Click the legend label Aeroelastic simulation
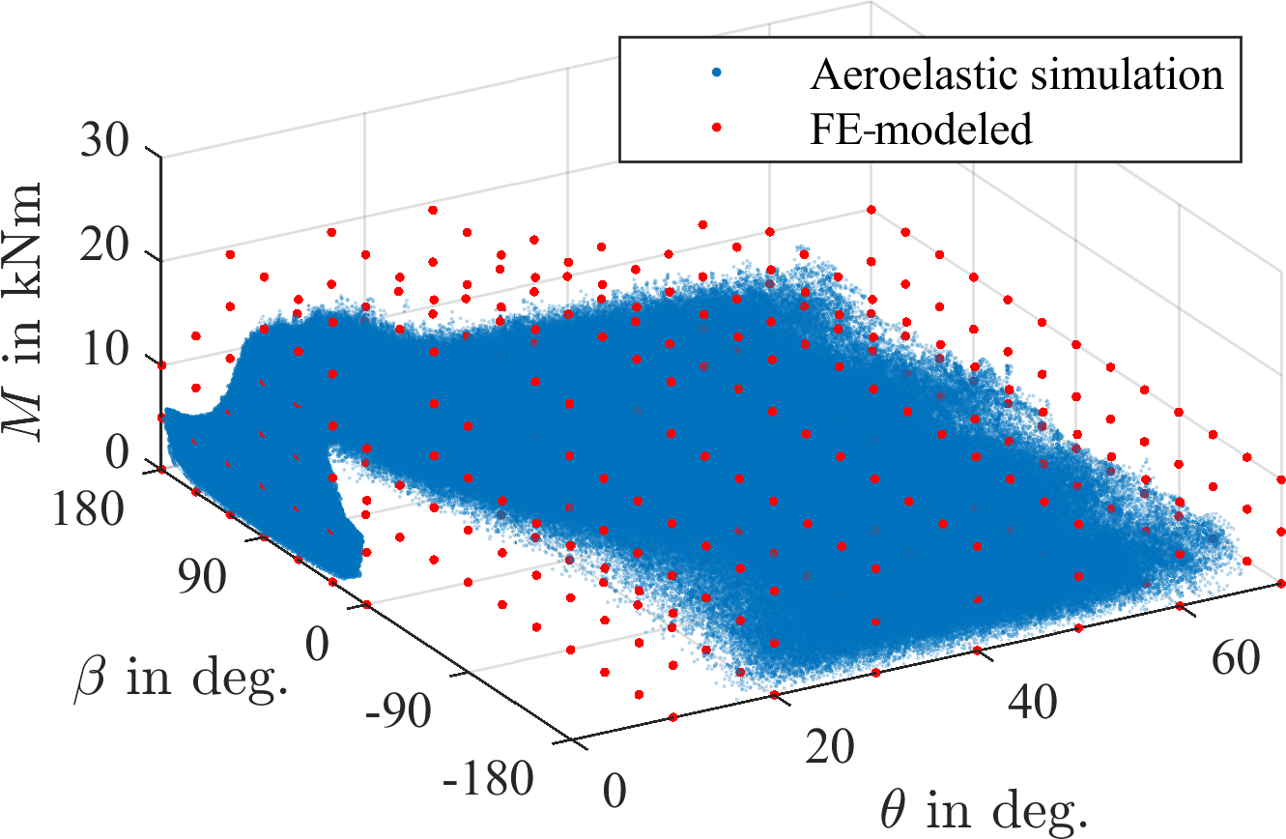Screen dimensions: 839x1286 tap(1016, 75)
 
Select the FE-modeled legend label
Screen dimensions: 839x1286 tap(922, 130)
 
